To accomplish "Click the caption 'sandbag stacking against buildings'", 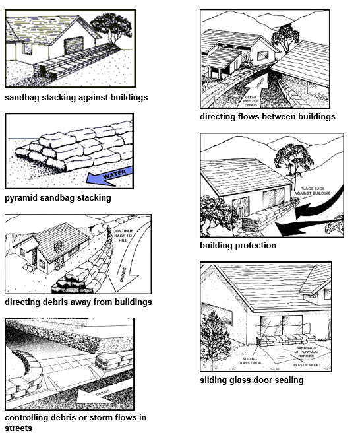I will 76,98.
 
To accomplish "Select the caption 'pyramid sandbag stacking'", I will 58,197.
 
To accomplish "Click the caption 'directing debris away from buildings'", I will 78,302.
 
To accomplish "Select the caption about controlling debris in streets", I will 75,422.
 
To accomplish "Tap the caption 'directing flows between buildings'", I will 268,117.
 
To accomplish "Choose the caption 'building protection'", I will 238,246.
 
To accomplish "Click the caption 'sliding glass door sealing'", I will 252,380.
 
